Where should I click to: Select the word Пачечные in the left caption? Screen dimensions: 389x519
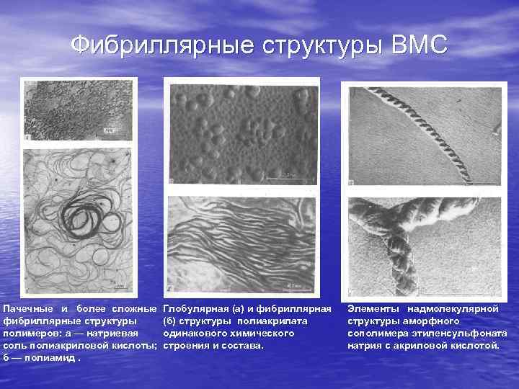[30, 308]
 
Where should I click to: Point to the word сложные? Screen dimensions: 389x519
[135, 308]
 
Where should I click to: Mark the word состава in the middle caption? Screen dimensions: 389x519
[246, 345]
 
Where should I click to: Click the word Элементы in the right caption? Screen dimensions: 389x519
[371, 308]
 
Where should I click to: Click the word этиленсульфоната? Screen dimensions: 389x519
[465, 333]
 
